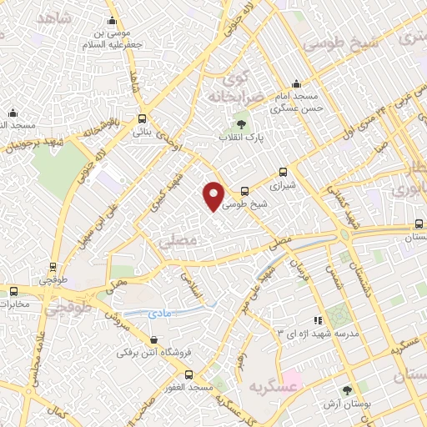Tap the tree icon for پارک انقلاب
tap(244, 124)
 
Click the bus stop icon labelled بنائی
tap(143, 118)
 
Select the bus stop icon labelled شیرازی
tap(284, 173)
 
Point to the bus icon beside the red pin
tap(244, 191)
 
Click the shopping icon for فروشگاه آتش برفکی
tap(153, 339)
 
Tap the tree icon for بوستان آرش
tap(347, 389)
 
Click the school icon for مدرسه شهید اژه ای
tap(316, 319)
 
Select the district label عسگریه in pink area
tap(273, 386)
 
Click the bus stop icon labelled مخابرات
tap(14, 291)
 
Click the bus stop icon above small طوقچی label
tap(53, 268)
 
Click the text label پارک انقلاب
tap(242, 137)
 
